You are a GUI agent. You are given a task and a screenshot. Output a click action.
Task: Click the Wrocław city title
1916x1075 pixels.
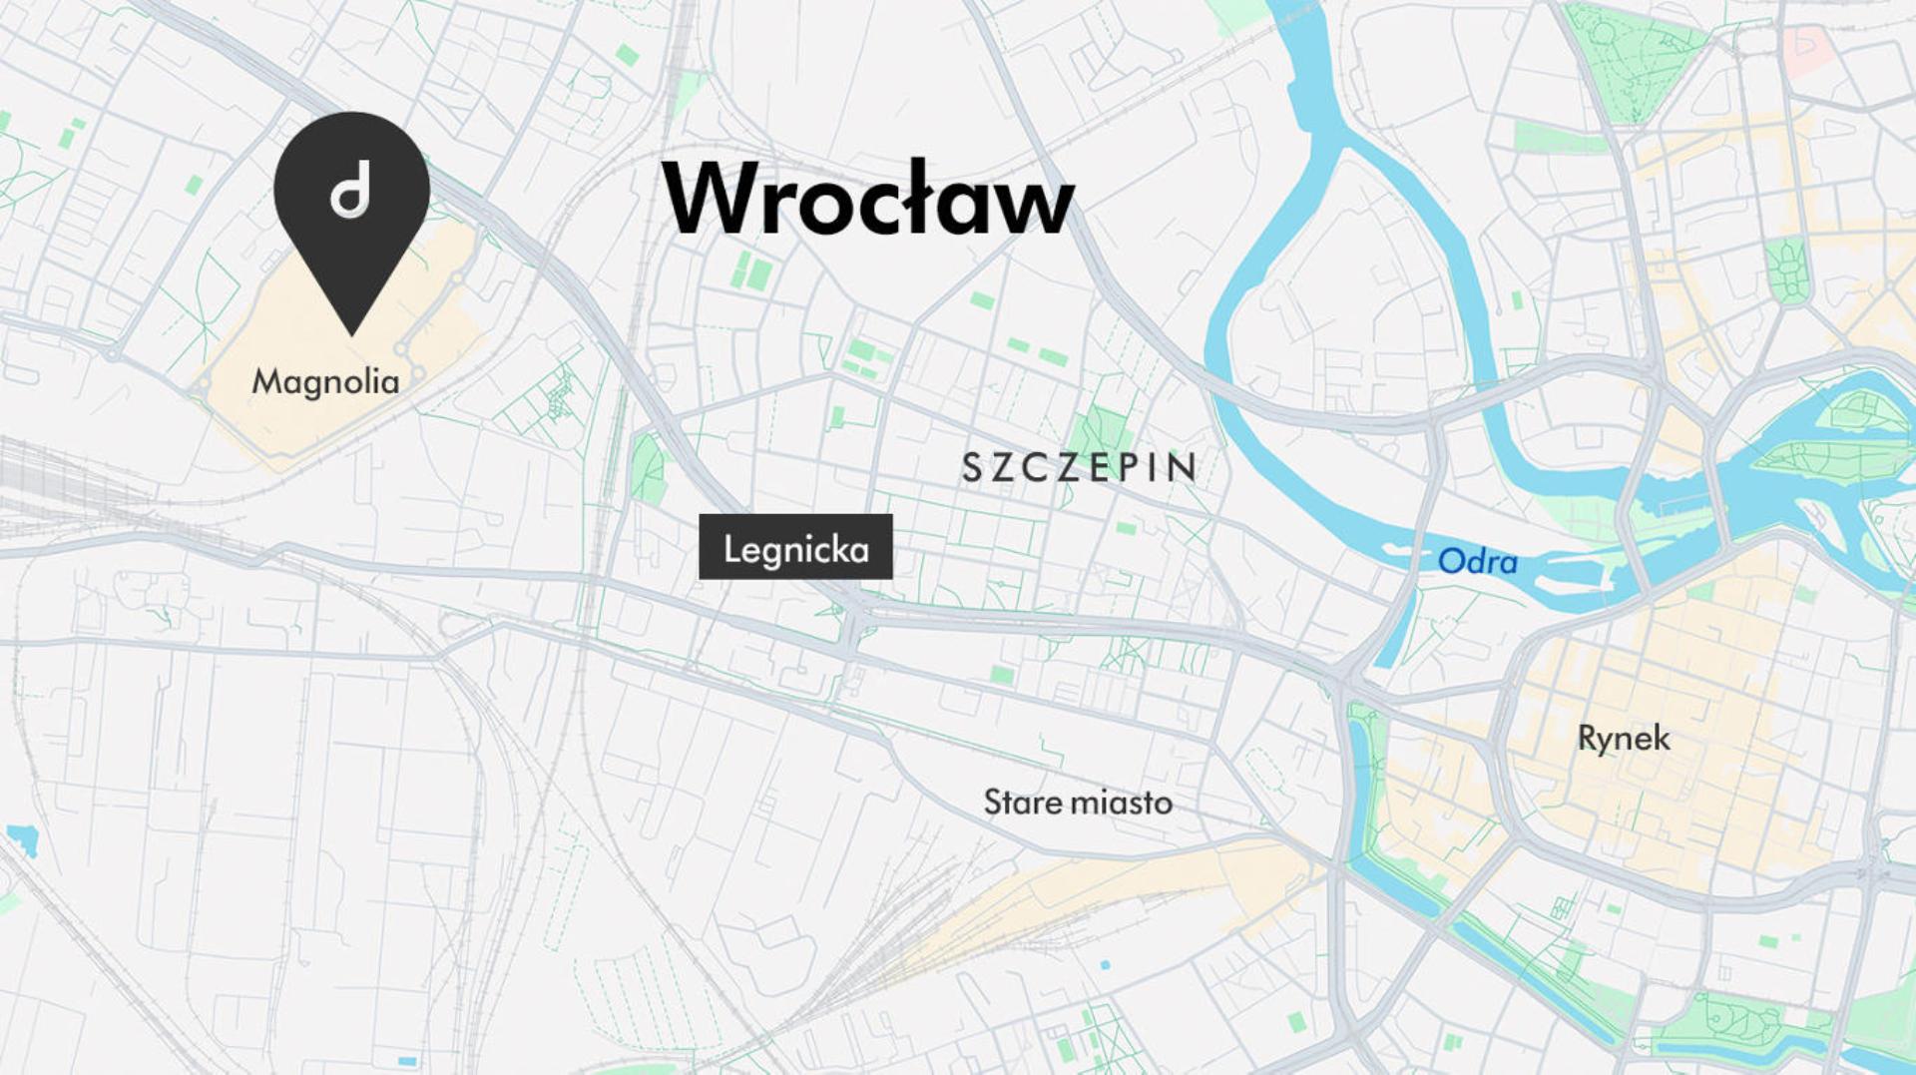pyautogui.click(x=868, y=200)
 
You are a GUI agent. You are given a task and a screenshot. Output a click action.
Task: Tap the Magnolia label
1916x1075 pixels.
pyautogui.click(x=325, y=381)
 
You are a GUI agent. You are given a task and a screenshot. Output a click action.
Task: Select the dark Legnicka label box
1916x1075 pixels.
pyautogui.click(x=795, y=547)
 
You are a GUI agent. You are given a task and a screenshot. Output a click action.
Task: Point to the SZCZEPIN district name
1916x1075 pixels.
pyautogui.click(x=1079, y=468)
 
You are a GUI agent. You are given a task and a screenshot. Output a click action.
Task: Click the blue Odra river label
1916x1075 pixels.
pyautogui.click(x=1477, y=562)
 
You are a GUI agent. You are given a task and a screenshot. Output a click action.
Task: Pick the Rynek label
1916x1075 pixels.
pyautogui.click(x=1624, y=739)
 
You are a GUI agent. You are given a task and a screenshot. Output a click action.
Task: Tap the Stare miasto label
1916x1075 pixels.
pyautogui.click(x=1078, y=803)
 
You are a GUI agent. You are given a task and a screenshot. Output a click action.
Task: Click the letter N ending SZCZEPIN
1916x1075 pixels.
pyautogui.click(x=1185, y=468)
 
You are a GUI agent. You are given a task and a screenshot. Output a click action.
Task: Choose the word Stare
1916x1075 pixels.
pyautogui.click(x=1023, y=803)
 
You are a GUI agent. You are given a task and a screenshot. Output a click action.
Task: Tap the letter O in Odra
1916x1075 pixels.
pyautogui.click(x=1450, y=561)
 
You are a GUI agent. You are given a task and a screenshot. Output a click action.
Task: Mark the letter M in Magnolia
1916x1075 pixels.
pyautogui.click(x=265, y=380)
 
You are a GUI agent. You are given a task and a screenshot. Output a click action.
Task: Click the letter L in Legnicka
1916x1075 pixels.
pyautogui.click(x=731, y=548)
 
